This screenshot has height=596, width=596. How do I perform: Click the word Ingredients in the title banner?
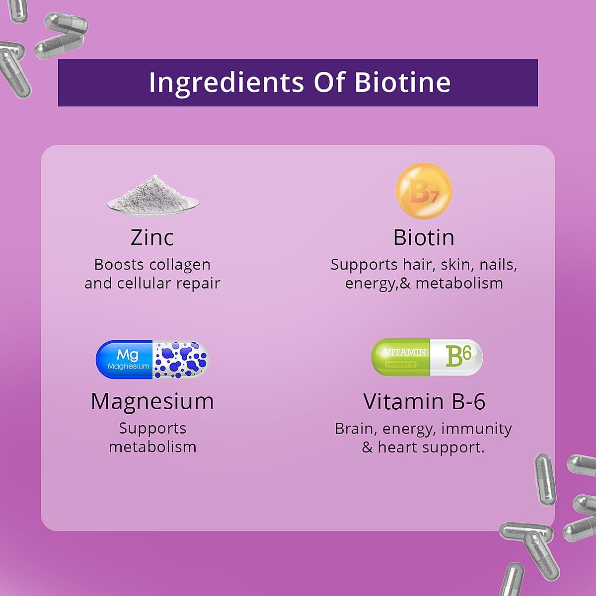pyautogui.click(x=226, y=82)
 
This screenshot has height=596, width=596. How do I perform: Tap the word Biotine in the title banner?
pyautogui.click(x=402, y=82)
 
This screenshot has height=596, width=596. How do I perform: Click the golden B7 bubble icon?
pyautogui.click(x=424, y=191)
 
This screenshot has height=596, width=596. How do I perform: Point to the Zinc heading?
pyautogui.click(x=152, y=237)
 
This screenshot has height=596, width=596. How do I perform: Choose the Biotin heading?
pyautogui.click(x=424, y=237)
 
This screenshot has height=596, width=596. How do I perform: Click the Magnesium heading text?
pyautogui.click(x=152, y=401)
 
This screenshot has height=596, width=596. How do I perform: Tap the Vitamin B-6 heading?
pyautogui.click(x=424, y=401)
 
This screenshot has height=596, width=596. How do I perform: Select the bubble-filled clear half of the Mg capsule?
pyautogui.click(x=180, y=360)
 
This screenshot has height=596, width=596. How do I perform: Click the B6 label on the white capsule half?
pyautogui.click(x=458, y=356)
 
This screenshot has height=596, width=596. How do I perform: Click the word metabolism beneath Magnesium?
pyautogui.click(x=152, y=447)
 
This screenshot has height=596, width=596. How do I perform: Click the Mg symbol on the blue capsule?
pyautogui.click(x=128, y=355)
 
